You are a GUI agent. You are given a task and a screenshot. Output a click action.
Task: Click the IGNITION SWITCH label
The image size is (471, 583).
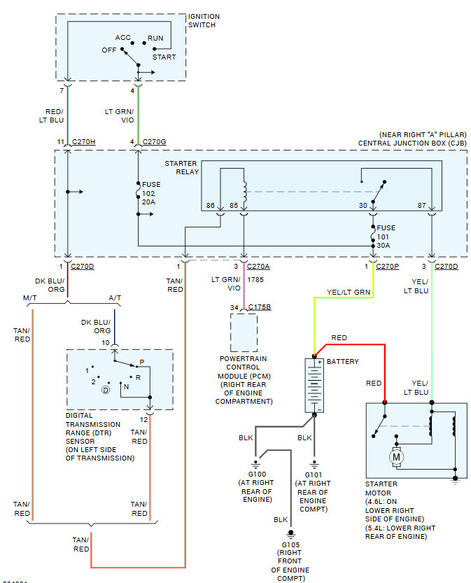click(204, 21)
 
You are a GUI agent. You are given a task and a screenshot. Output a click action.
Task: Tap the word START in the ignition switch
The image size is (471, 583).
click(164, 57)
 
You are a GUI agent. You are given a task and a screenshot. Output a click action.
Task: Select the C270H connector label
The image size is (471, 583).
click(83, 143)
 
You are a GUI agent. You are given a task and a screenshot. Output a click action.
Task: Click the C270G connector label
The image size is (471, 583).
click(154, 143)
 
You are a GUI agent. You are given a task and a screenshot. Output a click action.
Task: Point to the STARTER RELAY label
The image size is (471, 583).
click(181, 167)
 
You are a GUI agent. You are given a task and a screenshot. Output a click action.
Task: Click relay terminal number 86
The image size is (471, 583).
click(209, 206)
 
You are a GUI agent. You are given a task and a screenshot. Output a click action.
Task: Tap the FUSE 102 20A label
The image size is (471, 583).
click(151, 193)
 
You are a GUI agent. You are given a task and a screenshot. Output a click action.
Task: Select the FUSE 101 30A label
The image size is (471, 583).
click(386, 237)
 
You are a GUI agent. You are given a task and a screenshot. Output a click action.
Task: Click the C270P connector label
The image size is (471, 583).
click(387, 267)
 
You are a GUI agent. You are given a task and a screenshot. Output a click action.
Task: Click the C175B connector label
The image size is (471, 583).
click(260, 307)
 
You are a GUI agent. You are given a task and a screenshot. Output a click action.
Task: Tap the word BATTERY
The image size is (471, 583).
click(343, 362)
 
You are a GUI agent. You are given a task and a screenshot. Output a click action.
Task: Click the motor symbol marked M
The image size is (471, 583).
click(396, 456)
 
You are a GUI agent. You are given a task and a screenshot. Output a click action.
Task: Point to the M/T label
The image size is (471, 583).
click(31, 297)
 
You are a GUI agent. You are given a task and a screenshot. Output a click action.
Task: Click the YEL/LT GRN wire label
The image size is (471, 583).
click(349, 292)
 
